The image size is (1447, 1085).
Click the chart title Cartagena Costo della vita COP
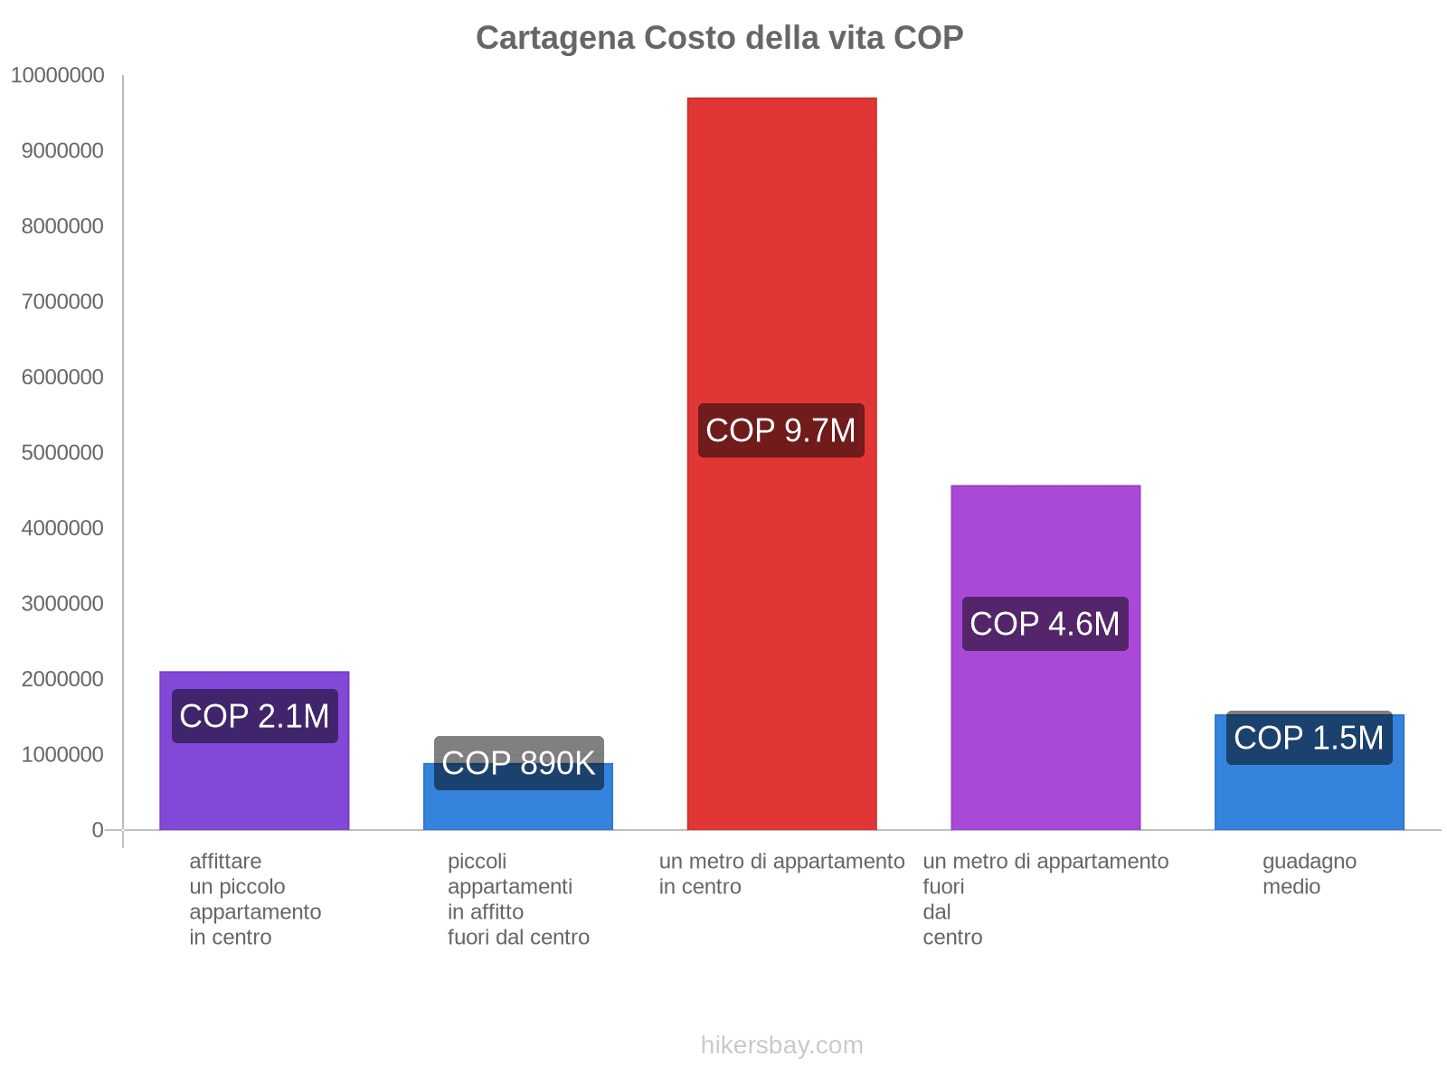(719, 38)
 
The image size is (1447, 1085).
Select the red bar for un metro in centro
(781, 271)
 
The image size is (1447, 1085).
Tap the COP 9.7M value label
(780, 430)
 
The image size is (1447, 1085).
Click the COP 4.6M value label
(1045, 624)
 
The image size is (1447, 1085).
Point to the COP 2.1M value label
(254, 716)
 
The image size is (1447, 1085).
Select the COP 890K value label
(518, 763)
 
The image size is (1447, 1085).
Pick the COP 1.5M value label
(1309, 738)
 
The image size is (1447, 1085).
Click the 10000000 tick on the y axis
(58, 76)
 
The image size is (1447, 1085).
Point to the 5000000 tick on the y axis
(62, 453)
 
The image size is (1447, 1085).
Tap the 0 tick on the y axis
(98, 830)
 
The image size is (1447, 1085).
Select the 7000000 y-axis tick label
(62, 302)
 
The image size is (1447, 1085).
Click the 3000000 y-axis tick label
(62, 604)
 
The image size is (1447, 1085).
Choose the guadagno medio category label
(1309, 873)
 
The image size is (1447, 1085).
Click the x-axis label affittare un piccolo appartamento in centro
(255, 899)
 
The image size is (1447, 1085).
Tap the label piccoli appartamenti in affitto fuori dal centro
(518, 899)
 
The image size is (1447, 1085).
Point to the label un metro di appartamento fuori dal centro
(1045, 899)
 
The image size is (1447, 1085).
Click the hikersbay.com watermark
(781, 1045)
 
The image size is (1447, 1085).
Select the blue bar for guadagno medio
(1309, 796)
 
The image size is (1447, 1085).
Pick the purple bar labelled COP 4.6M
(1045, 542)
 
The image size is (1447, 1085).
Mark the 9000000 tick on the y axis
(62, 151)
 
